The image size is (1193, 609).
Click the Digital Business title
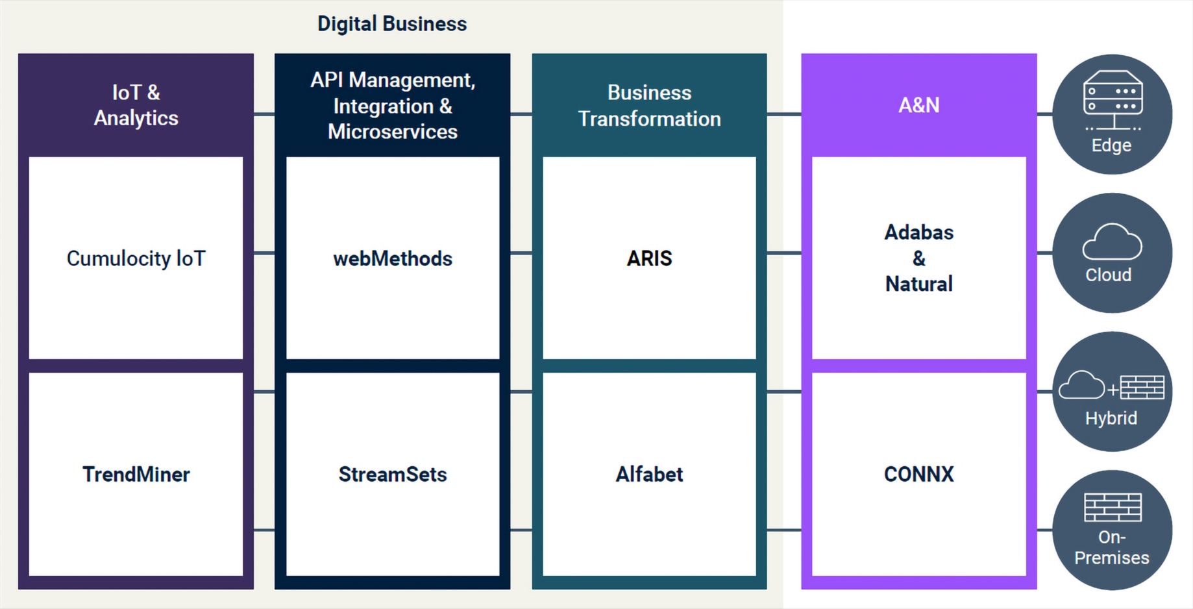click(x=392, y=24)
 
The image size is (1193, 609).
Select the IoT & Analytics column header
click(x=136, y=105)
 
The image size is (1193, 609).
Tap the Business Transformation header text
click(x=649, y=106)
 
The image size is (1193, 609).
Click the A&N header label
click(x=918, y=105)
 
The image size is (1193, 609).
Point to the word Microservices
click(x=393, y=132)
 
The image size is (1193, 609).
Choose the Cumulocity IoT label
click(x=136, y=258)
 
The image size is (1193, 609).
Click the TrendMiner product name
click(x=136, y=475)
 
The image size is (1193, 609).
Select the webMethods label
click(x=393, y=258)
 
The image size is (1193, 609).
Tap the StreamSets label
click(x=393, y=475)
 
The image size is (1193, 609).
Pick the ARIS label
click(x=649, y=258)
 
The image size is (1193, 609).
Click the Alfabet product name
click(x=649, y=475)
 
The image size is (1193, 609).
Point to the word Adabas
click(x=919, y=232)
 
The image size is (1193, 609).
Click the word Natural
click(x=919, y=284)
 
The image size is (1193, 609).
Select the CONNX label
click(x=919, y=475)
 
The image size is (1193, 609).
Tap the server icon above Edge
click(x=1113, y=100)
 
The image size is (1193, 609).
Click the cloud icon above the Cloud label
click(x=1112, y=242)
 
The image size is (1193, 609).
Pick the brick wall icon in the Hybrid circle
click(x=1142, y=388)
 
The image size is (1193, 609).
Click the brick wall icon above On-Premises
click(x=1113, y=507)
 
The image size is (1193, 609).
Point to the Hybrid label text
click(x=1111, y=418)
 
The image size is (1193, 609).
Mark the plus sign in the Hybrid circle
click(x=1113, y=390)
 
